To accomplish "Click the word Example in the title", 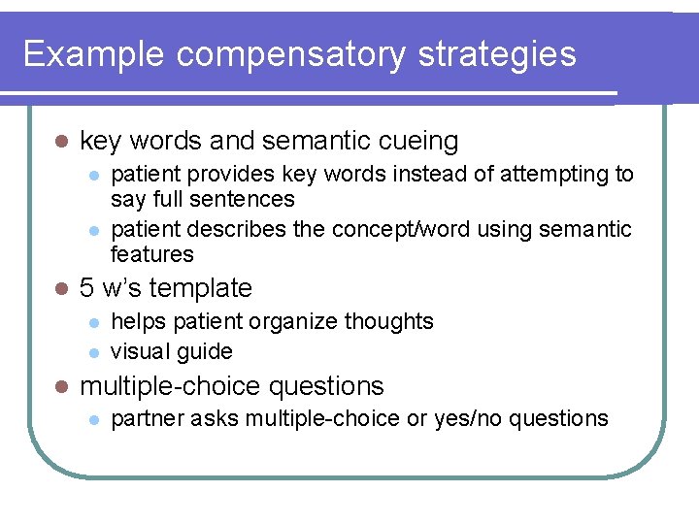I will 94,54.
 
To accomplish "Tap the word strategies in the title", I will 497,54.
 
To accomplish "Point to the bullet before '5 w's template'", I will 61,288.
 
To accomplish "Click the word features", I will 152,254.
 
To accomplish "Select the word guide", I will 206,351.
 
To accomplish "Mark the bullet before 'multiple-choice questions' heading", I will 61,386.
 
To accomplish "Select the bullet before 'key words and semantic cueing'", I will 61,142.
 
